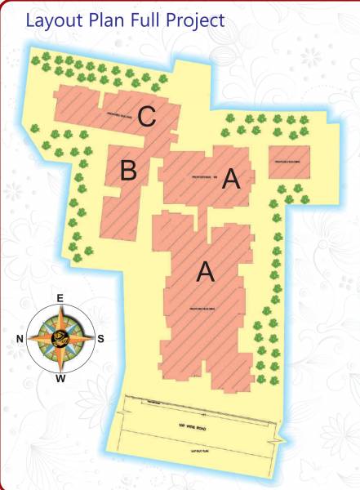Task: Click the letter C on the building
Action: tap(146, 117)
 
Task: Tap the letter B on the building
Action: tap(128, 171)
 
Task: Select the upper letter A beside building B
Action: tap(231, 180)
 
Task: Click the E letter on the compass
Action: tap(60, 299)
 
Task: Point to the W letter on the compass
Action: tap(60, 379)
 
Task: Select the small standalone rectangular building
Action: tap(290, 161)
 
